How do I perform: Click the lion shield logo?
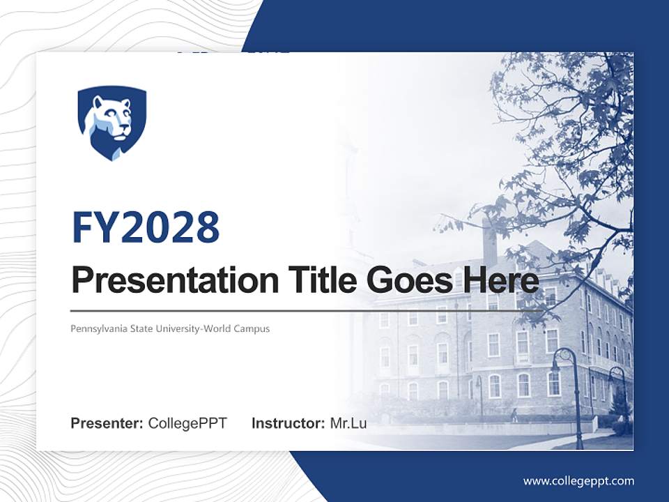(x=111, y=122)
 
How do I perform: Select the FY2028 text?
(x=146, y=227)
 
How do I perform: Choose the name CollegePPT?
(x=187, y=423)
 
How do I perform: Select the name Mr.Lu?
(x=348, y=423)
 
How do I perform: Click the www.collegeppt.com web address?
(x=578, y=480)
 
